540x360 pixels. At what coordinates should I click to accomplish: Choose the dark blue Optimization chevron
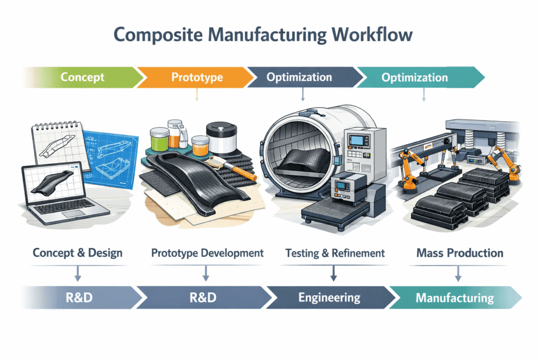coord(300,77)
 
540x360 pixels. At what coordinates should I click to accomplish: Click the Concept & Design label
coord(78,252)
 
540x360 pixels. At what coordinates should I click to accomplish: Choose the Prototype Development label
coord(207,252)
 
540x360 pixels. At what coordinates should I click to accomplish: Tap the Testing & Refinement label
coord(335,252)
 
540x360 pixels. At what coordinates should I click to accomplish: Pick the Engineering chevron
coord(329,297)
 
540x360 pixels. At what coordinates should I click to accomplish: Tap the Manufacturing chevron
coord(455,298)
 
